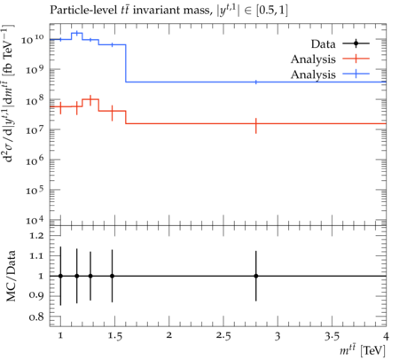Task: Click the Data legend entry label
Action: [x=323, y=44]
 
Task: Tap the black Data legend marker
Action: [x=356, y=43]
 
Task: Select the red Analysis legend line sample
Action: [x=356, y=59]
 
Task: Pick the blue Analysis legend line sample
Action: [x=356, y=74]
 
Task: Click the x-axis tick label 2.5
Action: [x=223, y=336]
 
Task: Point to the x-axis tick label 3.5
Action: [x=332, y=336]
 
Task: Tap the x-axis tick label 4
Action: [x=386, y=336]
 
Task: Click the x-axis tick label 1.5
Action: [x=115, y=336]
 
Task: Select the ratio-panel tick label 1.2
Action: [x=36, y=236]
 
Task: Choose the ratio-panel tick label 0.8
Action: [x=36, y=317]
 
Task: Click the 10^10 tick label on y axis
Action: [x=33, y=39]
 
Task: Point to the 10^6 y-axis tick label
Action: [x=35, y=160]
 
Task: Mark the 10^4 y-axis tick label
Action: [x=35, y=220]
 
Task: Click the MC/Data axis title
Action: [x=11, y=276]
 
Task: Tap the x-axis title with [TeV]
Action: [x=363, y=350]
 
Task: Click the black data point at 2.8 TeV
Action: [x=256, y=276]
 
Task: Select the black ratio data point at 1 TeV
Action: [x=60, y=276]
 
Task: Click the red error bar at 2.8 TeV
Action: [x=256, y=126]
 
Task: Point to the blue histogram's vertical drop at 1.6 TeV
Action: [x=126, y=63]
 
